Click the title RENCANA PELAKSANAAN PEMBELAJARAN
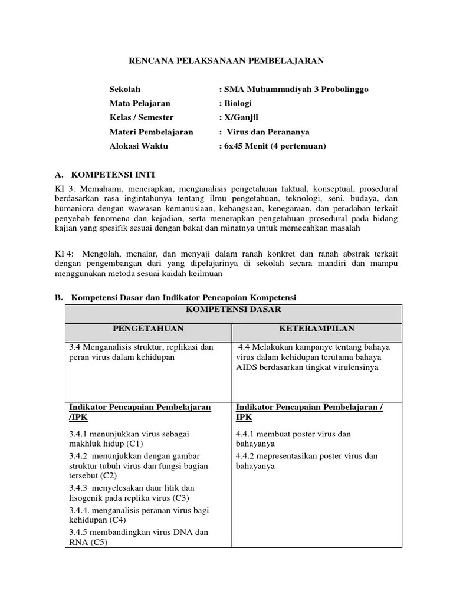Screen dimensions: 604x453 [x=226, y=60]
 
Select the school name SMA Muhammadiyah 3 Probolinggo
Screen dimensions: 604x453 [x=295, y=90]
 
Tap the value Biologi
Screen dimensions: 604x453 [x=237, y=104]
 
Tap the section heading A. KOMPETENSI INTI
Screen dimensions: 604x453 [x=104, y=175]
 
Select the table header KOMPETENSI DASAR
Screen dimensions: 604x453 [x=233, y=310]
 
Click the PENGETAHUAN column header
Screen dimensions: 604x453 [x=149, y=329]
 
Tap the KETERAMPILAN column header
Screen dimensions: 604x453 [x=317, y=329]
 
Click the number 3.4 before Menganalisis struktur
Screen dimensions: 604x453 [x=75, y=347]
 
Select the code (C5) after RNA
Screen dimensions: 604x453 [x=95, y=543]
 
